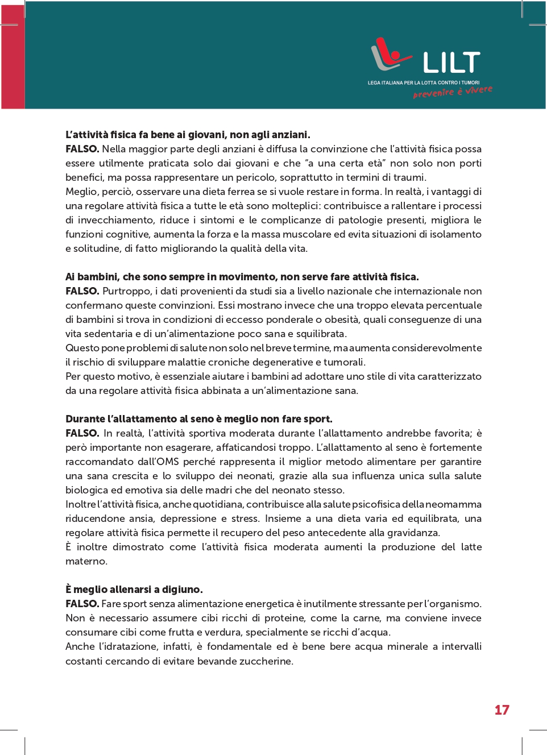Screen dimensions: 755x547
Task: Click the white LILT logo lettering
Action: (451, 63)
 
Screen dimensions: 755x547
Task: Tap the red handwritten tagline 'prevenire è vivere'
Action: (453, 92)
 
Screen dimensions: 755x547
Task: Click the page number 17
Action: (502, 710)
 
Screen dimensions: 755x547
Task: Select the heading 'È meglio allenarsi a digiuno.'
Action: (134, 590)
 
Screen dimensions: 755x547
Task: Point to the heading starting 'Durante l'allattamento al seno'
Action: (199, 419)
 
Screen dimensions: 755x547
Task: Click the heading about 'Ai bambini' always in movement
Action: (242, 277)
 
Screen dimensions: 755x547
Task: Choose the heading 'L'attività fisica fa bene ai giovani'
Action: (188, 135)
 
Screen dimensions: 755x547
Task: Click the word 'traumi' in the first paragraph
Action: (409, 177)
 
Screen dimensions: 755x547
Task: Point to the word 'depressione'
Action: (188, 518)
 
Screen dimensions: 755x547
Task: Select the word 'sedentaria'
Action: (92, 334)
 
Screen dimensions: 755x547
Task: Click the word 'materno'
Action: (85, 561)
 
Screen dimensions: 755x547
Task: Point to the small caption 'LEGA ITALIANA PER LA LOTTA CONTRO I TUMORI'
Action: (423, 82)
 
